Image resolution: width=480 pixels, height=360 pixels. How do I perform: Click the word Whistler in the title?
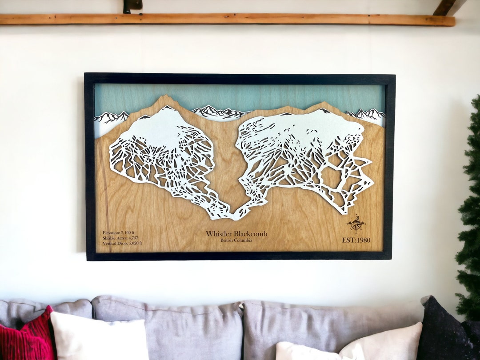[219, 234]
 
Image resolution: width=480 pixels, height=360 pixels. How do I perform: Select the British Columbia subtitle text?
[236, 240]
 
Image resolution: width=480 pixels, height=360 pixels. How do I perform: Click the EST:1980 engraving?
[356, 240]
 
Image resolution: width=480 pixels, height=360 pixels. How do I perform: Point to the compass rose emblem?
[356, 224]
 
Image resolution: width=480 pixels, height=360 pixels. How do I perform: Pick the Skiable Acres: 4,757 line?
[120, 238]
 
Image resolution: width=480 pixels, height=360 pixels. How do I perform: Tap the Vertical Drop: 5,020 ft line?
[122, 243]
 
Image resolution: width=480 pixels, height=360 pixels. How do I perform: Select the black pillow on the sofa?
[447, 331]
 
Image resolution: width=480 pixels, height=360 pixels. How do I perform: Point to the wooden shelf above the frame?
[222, 20]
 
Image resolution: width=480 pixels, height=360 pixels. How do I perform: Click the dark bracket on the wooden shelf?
[132, 5]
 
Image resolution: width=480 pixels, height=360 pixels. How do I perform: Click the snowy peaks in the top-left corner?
[111, 117]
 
